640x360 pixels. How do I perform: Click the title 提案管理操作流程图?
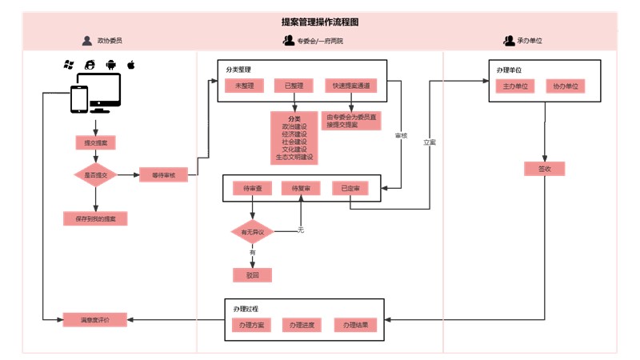tap(320, 22)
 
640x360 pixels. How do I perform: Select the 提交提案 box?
tap(95, 142)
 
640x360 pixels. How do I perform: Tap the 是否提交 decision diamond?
tap(95, 174)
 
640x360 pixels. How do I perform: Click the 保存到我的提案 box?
tap(95, 218)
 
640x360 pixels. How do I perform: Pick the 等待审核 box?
tap(162, 174)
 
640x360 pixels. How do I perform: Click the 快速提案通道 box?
tap(350, 86)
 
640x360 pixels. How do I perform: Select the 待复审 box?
tap(301, 189)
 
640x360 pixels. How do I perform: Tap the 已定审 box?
tap(350, 189)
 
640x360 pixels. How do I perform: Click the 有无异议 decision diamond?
tap(252, 231)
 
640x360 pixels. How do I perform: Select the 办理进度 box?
tap(302, 325)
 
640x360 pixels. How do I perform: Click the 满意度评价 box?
tap(95, 319)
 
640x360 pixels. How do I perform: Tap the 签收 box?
tap(545, 169)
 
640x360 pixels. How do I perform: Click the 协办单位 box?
tap(565, 86)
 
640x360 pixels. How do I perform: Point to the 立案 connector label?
tap(430, 142)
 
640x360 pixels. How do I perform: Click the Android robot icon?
tap(109, 64)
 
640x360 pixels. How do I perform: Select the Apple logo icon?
tap(128, 63)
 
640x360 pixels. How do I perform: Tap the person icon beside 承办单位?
tap(509, 40)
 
